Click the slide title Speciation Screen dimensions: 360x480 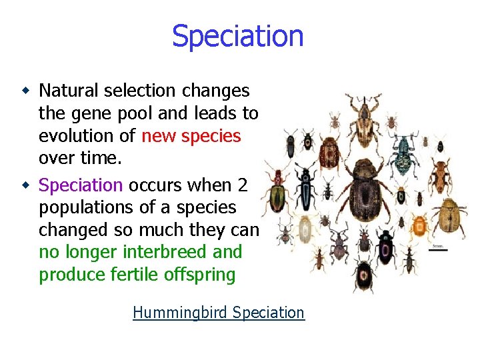(238, 36)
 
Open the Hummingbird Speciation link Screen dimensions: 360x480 (219, 313)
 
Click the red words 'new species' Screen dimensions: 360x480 (191, 136)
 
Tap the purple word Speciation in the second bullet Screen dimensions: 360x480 (81, 185)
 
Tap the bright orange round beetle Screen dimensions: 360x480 (421, 227)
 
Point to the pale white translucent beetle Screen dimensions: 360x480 (305, 231)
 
